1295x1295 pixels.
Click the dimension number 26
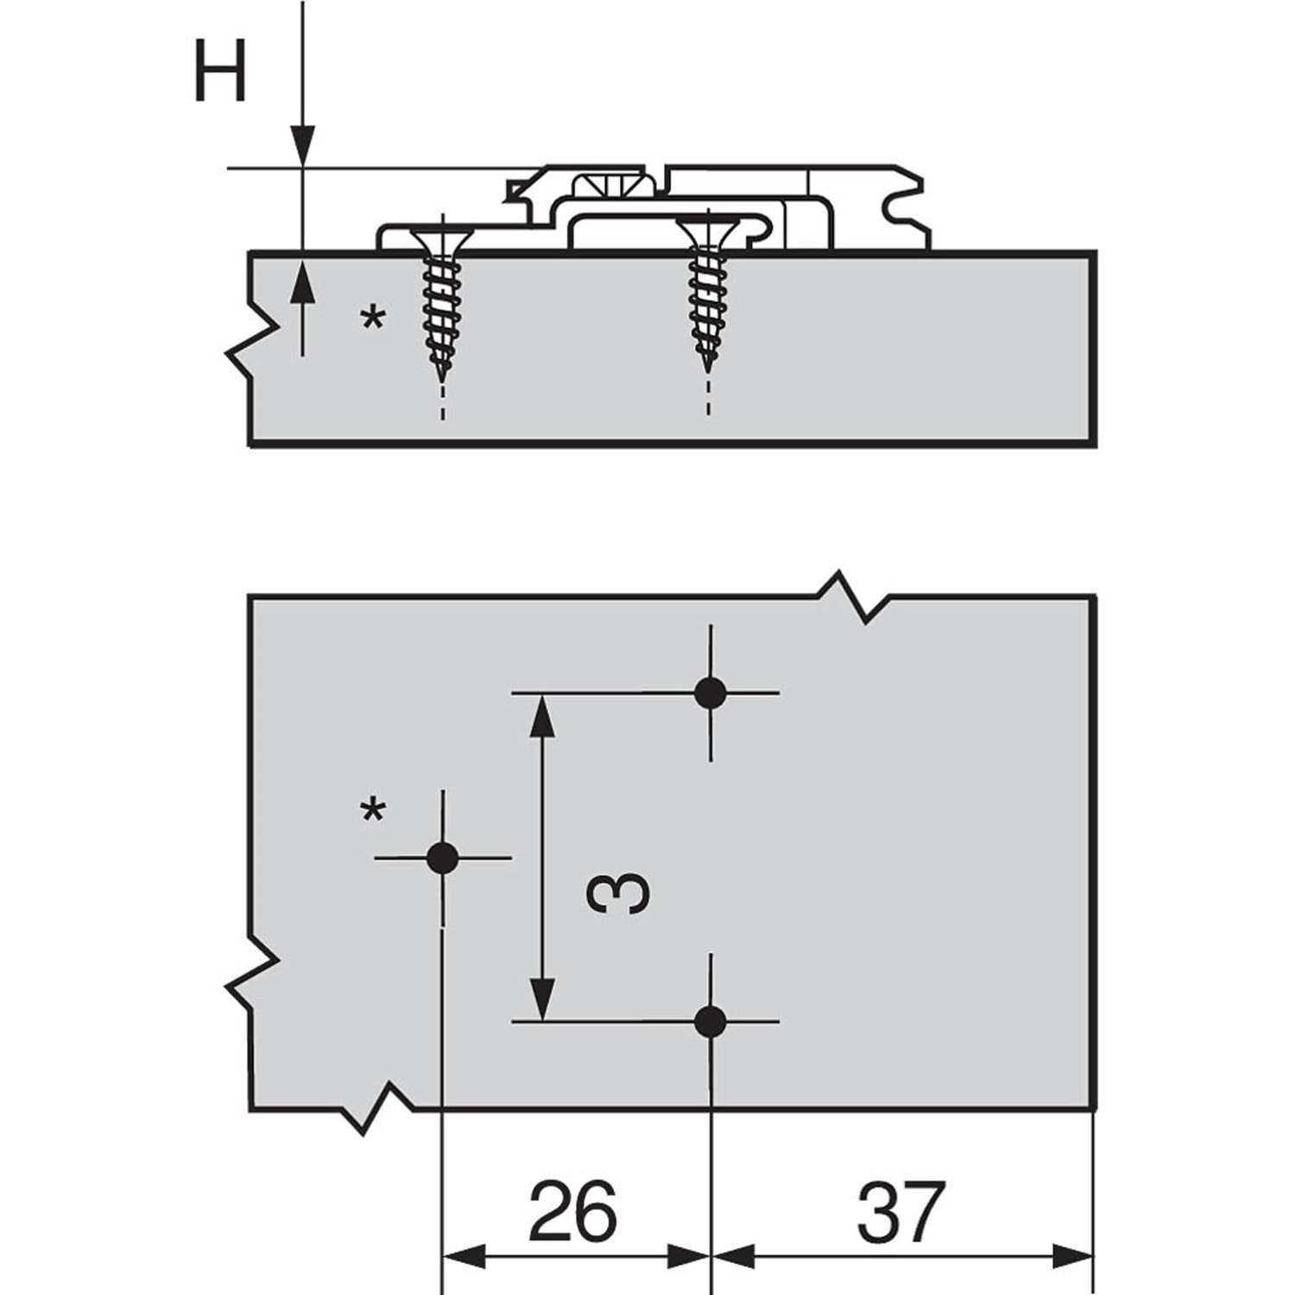coord(572,1211)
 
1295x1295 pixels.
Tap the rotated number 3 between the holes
coord(617,892)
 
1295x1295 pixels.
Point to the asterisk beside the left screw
coord(373,320)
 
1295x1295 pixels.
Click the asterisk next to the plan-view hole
coord(373,812)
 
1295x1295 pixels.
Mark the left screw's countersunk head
coord(442,237)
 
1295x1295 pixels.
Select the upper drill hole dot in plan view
coord(710,692)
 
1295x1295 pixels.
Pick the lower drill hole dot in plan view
coord(710,1021)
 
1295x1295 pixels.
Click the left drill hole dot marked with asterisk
coord(442,857)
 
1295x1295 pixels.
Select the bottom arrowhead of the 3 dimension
coord(541,999)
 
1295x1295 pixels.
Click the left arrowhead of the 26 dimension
coord(464,1256)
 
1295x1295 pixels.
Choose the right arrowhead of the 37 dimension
coord(1072,1256)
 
